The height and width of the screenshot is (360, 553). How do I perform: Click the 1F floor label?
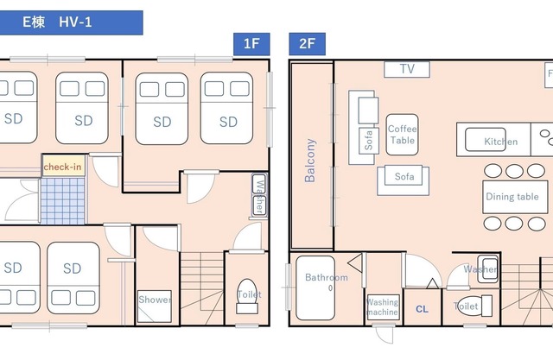click(251, 44)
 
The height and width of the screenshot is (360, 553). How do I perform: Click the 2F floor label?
click(307, 44)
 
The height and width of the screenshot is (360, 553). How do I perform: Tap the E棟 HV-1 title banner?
click(71, 22)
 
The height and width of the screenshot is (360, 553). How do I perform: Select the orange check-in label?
click(63, 167)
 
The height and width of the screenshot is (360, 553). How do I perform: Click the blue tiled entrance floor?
click(63, 201)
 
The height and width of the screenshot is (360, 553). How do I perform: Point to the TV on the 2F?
click(407, 69)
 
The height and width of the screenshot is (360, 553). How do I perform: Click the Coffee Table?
click(402, 135)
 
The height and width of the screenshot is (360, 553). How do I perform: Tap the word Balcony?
click(310, 161)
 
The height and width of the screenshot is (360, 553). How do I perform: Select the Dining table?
click(515, 197)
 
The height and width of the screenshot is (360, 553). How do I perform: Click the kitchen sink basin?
click(486, 140)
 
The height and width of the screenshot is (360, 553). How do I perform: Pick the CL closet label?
click(422, 309)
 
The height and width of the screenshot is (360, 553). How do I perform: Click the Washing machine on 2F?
click(384, 306)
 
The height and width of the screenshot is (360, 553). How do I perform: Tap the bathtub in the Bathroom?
click(315, 287)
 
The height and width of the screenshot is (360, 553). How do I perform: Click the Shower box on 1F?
click(154, 306)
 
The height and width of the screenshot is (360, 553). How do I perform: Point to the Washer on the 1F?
click(259, 195)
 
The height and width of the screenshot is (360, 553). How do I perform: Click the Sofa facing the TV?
click(404, 180)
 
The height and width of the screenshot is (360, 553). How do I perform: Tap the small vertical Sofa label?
click(369, 140)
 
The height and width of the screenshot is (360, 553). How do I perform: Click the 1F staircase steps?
click(201, 288)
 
